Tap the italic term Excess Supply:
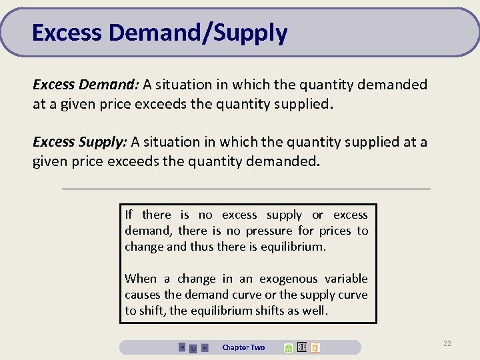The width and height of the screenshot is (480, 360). click(79, 142)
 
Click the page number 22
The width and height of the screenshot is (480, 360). click(447, 343)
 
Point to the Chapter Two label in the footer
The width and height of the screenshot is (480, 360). click(243, 347)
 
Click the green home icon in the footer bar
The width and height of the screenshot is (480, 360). click(288, 347)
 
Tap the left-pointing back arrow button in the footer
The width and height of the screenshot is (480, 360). click(182, 347)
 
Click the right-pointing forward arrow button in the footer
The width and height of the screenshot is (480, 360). click(205, 347)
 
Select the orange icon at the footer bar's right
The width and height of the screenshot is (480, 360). click(315, 347)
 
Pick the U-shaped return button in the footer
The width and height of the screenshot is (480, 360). click(193, 348)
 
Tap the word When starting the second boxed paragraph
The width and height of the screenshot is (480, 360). click(141, 279)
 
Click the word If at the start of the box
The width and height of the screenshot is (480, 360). click(129, 215)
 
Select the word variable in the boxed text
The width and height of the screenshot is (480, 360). click(346, 279)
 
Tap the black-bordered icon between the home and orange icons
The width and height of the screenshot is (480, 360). click(301, 347)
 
